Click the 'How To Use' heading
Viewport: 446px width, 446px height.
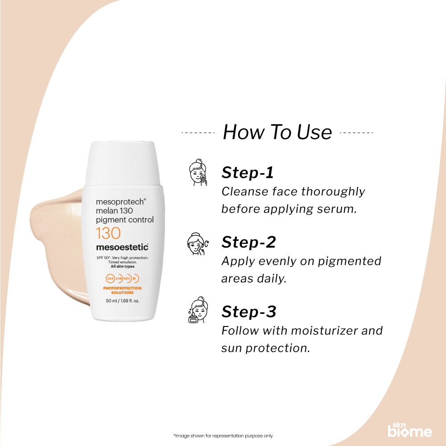[x=277, y=132]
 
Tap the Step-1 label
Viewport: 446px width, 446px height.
[x=248, y=173]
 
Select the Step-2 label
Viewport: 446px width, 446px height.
[x=248, y=242]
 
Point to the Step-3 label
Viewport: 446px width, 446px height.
[x=249, y=312]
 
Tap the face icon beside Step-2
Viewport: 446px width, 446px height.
[x=196, y=244]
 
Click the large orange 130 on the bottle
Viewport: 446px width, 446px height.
[x=107, y=233]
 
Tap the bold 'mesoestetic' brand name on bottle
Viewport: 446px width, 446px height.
[x=122, y=247]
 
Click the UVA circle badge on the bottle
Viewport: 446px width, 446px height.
[x=110, y=278]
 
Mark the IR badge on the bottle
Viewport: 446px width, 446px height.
[x=134, y=278]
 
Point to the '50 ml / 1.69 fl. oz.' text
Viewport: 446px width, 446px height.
[x=122, y=301]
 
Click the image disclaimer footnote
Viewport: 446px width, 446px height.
[x=223, y=436]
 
